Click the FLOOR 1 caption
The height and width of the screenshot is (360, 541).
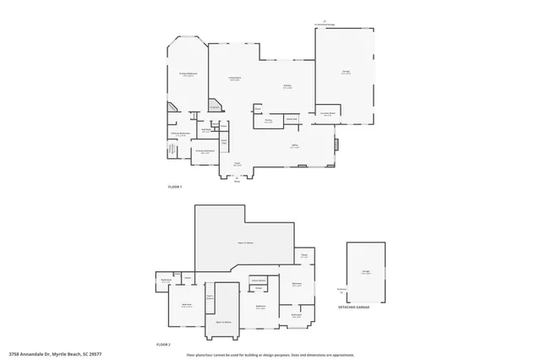point(175,186)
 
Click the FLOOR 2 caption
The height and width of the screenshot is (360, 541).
point(164,345)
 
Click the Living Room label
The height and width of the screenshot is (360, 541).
point(235,79)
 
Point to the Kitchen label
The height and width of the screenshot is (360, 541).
point(287,86)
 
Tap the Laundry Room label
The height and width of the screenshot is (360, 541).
point(328,113)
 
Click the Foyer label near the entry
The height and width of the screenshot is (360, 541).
point(238,163)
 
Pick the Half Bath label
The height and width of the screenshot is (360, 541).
point(206,131)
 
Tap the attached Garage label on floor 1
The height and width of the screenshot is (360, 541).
point(346,73)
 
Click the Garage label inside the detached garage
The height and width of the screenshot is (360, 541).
point(366,272)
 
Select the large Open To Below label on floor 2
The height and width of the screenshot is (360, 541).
point(245,243)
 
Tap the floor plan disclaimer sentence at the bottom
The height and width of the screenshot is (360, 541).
point(270,355)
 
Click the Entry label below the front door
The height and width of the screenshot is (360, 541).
point(237,181)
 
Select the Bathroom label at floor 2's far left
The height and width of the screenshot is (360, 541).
point(166,281)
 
